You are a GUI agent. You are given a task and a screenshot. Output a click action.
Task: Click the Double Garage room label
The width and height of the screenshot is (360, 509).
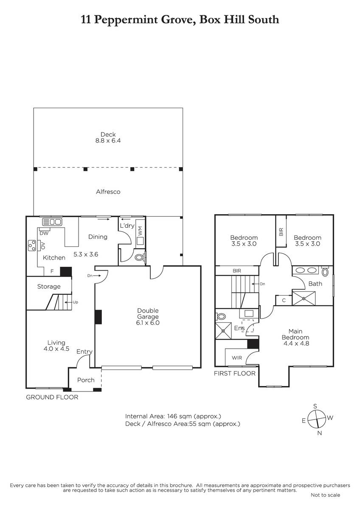(148, 316)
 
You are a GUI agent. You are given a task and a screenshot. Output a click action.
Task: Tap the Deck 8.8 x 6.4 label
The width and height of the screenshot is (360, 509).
(108, 137)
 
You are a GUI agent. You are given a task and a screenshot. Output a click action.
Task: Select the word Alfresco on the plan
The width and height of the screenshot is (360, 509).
(108, 192)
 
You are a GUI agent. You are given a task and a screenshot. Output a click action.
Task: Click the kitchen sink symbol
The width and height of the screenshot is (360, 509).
(52, 222)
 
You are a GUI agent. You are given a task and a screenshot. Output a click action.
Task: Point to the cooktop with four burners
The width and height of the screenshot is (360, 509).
(32, 246)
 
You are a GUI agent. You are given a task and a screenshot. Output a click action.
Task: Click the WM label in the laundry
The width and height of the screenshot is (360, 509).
(140, 231)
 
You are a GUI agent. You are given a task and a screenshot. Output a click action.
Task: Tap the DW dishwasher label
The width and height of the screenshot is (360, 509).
(44, 233)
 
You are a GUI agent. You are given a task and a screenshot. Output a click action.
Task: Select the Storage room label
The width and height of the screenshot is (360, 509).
(49, 286)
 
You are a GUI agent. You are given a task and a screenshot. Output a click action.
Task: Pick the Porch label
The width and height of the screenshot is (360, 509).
(86, 380)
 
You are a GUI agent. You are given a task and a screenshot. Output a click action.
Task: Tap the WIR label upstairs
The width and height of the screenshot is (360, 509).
(237, 358)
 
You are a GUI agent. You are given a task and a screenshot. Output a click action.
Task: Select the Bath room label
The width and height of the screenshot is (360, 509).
(315, 284)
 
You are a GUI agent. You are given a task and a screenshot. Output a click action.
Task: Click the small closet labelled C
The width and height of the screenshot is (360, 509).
(284, 300)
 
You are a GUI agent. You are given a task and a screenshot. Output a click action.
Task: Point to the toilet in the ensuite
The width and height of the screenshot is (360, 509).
(221, 316)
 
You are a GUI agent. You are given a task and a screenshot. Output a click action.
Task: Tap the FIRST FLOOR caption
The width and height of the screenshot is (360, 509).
(235, 373)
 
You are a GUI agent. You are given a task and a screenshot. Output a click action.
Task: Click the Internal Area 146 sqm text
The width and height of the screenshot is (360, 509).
(173, 416)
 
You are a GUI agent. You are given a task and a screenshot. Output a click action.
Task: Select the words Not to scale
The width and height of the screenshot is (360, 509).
(326, 495)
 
